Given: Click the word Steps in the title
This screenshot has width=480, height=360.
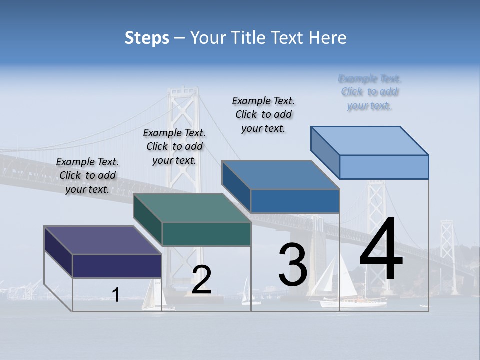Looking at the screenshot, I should (x=147, y=38).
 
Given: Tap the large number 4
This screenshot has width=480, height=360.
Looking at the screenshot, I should (x=381, y=250).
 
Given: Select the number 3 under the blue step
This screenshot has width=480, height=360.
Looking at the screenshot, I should (x=293, y=265).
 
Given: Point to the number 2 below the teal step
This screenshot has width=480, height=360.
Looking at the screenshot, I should (x=201, y=280).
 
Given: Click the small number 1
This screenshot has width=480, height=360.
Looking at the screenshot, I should (x=116, y=295).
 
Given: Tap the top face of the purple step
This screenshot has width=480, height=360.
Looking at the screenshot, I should (x=102, y=240).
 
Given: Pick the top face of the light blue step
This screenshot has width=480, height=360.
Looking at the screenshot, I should (x=370, y=141).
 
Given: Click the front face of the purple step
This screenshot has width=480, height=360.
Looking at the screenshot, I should (x=117, y=266).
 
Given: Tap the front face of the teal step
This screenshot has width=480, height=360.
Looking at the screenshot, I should (x=206, y=234).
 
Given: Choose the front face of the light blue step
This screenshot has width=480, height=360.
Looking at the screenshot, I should (x=384, y=167).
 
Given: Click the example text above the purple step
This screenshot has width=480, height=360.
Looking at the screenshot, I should (x=87, y=175).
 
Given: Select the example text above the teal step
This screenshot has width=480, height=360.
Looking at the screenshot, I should (x=174, y=146).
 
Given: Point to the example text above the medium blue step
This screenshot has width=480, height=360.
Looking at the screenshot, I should (x=263, y=114).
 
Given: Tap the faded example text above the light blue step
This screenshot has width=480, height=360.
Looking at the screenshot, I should (x=370, y=92).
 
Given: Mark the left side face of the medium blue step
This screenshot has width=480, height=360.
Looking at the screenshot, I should (x=236, y=186).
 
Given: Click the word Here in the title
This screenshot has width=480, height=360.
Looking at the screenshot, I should (x=329, y=38).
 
